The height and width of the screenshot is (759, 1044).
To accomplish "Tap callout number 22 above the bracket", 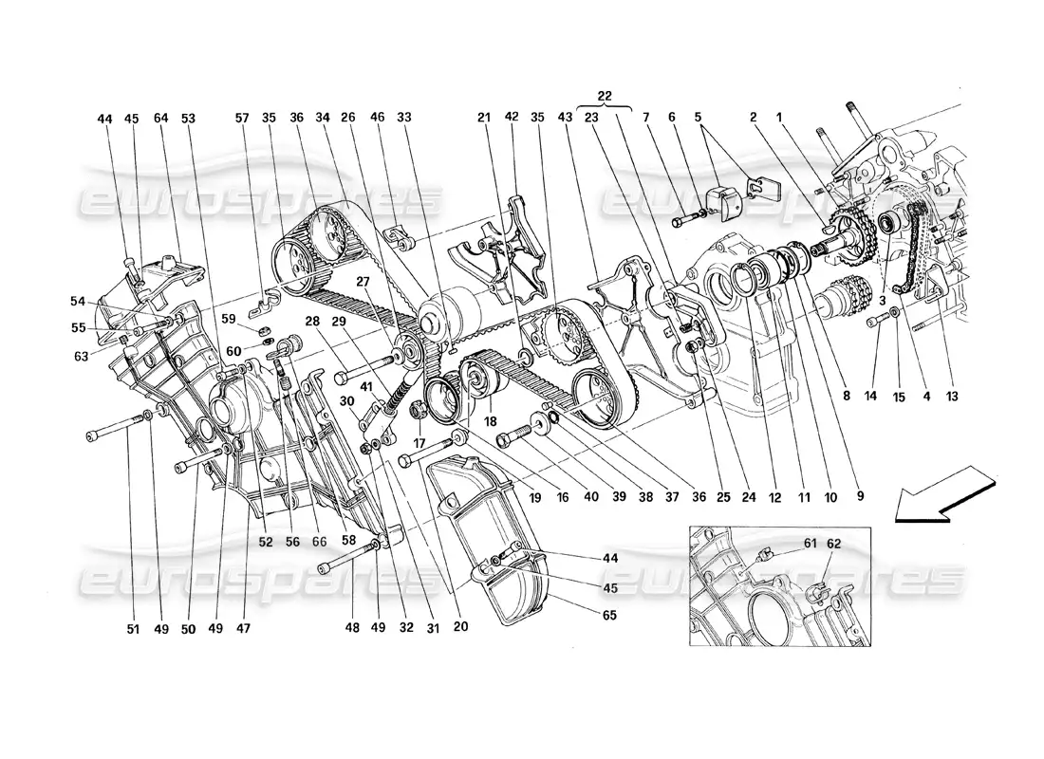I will (606, 96).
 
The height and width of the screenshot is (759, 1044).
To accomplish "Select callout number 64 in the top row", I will (159, 119).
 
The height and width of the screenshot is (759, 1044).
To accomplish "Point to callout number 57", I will (242, 119).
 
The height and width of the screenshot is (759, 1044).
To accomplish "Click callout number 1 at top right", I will (780, 119).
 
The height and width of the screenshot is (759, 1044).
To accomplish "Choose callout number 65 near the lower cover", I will (608, 615).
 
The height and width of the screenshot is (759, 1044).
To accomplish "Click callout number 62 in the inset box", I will (833, 544).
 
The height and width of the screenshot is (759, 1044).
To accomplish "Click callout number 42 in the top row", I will (512, 119).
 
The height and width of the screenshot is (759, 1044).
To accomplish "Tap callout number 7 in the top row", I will (672, 119).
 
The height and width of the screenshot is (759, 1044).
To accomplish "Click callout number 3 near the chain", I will (884, 301).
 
